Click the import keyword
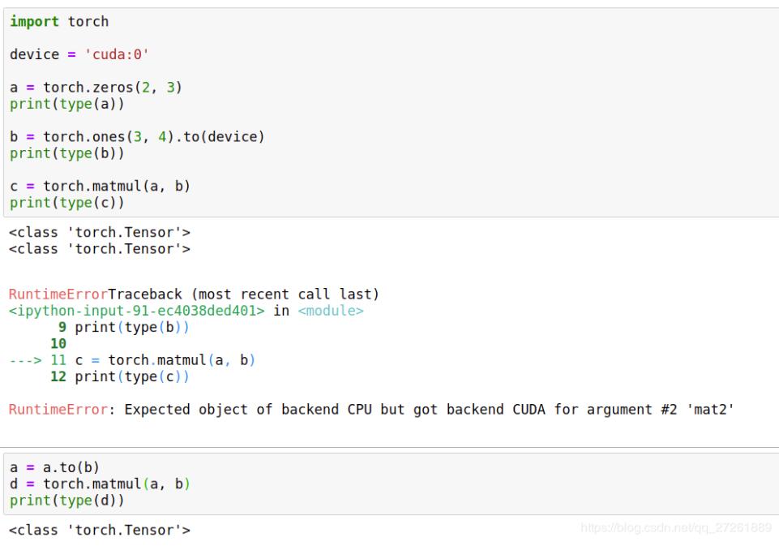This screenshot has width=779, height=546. (34, 21)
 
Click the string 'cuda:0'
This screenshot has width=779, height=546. (117, 54)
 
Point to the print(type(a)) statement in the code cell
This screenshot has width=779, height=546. (67, 104)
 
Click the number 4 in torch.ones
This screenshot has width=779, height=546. (162, 136)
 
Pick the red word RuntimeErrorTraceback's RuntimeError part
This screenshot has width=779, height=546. (58, 294)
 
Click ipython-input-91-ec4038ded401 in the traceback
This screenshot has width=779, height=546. (137, 311)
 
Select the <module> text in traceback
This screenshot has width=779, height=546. (331, 311)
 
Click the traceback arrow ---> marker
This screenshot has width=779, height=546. (25, 360)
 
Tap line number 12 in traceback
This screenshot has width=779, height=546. (58, 376)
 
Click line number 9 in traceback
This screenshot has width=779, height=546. (62, 327)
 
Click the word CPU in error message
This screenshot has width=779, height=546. (360, 409)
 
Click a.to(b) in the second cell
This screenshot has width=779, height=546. (71, 467)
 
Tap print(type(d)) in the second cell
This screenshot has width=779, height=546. (67, 501)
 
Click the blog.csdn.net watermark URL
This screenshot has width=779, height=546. (676, 527)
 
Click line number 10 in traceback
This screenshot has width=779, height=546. (58, 344)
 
